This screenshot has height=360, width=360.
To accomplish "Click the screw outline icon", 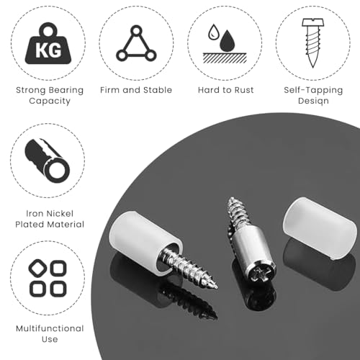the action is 312,42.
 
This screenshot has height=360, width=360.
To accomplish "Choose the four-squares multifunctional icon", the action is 48,278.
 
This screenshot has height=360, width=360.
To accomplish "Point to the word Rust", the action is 244,90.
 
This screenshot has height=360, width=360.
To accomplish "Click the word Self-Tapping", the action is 313,91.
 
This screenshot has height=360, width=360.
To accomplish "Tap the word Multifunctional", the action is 50,328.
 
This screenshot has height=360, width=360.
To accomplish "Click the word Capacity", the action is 50,101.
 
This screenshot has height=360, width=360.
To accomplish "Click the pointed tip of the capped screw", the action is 216,287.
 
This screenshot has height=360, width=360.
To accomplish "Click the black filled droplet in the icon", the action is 228,41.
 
